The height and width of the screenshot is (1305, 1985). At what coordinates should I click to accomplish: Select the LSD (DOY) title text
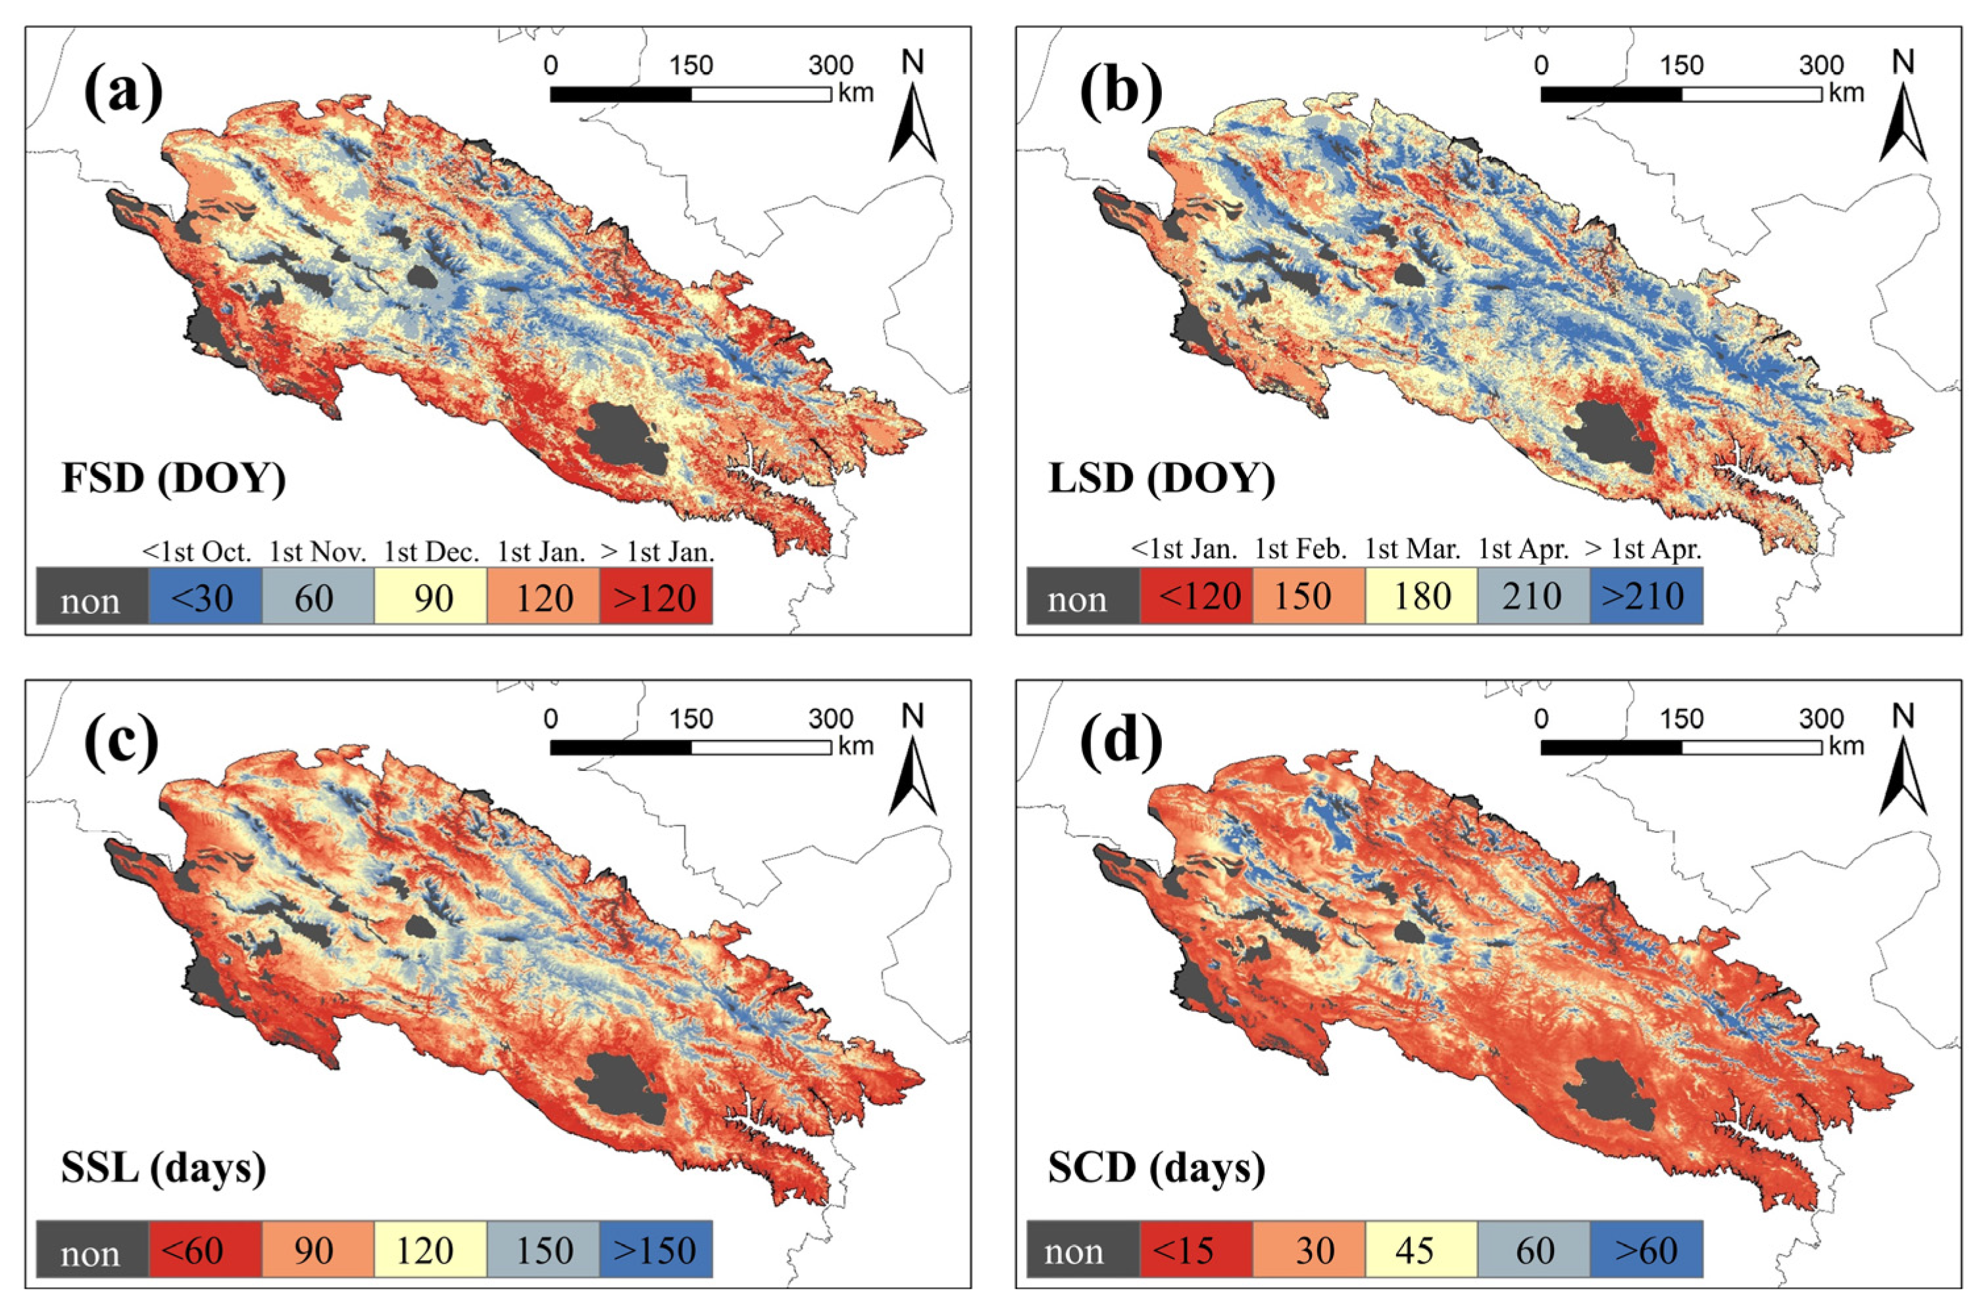pyautogui.click(x=1161, y=480)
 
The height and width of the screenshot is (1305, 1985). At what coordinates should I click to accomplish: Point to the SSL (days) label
pyautogui.click(x=163, y=1168)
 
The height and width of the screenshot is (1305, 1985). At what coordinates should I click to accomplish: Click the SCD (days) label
pyautogui.click(x=1156, y=1168)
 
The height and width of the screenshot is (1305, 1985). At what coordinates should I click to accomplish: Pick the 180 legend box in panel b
pyautogui.click(x=1420, y=595)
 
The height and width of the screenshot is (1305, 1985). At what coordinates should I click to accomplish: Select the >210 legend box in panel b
pyautogui.click(x=1646, y=595)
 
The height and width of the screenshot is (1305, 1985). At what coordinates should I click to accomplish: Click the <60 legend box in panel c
pyautogui.click(x=205, y=1249)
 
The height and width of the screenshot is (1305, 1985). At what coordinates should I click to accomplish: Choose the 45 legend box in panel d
pyautogui.click(x=1420, y=1249)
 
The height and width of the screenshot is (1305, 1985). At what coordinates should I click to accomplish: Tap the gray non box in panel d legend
pyautogui.click(x=1082, y=1249)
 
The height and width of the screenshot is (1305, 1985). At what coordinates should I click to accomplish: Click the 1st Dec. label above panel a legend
pyautogui.click(x=431, y=552)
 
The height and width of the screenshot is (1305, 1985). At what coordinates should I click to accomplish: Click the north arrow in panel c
pyautogui.click(x=913, y=776)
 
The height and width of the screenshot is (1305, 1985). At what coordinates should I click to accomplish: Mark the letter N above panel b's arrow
pyautogui.click(x=1903, y=62)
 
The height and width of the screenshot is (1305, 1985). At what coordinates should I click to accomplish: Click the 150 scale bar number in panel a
pyautogui.click(x=691, y=65)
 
